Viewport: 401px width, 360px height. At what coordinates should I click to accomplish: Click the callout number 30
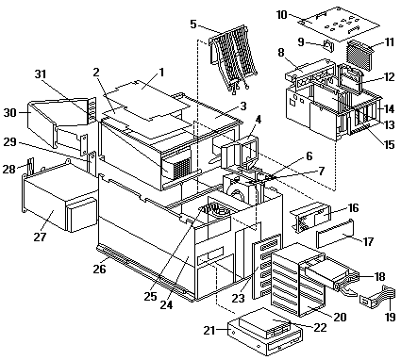(9, 112)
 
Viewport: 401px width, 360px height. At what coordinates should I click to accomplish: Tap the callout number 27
(40, 237)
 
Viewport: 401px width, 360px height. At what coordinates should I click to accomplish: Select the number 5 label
(193, 24)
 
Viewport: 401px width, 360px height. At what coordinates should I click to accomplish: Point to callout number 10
(282, 14)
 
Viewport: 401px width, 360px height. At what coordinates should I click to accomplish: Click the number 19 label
(390, 317)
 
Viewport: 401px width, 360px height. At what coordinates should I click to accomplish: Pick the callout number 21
(209, 330)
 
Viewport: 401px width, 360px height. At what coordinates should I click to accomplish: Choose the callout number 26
(99, 269)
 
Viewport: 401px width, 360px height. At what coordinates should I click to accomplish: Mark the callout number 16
(353, 208)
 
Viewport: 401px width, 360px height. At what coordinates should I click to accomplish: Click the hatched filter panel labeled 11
(359, 54)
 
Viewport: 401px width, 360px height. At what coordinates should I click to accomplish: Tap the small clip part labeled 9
(328, 46)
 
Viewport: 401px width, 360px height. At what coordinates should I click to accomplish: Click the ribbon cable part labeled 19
(377, 297)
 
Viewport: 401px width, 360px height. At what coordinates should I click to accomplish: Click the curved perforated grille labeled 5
(233, 59)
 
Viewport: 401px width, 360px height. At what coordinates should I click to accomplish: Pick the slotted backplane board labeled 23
(266, 266)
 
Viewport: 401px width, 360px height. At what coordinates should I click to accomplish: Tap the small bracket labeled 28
(30, 165)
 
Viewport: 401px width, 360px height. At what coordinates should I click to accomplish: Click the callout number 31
(41, 74)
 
